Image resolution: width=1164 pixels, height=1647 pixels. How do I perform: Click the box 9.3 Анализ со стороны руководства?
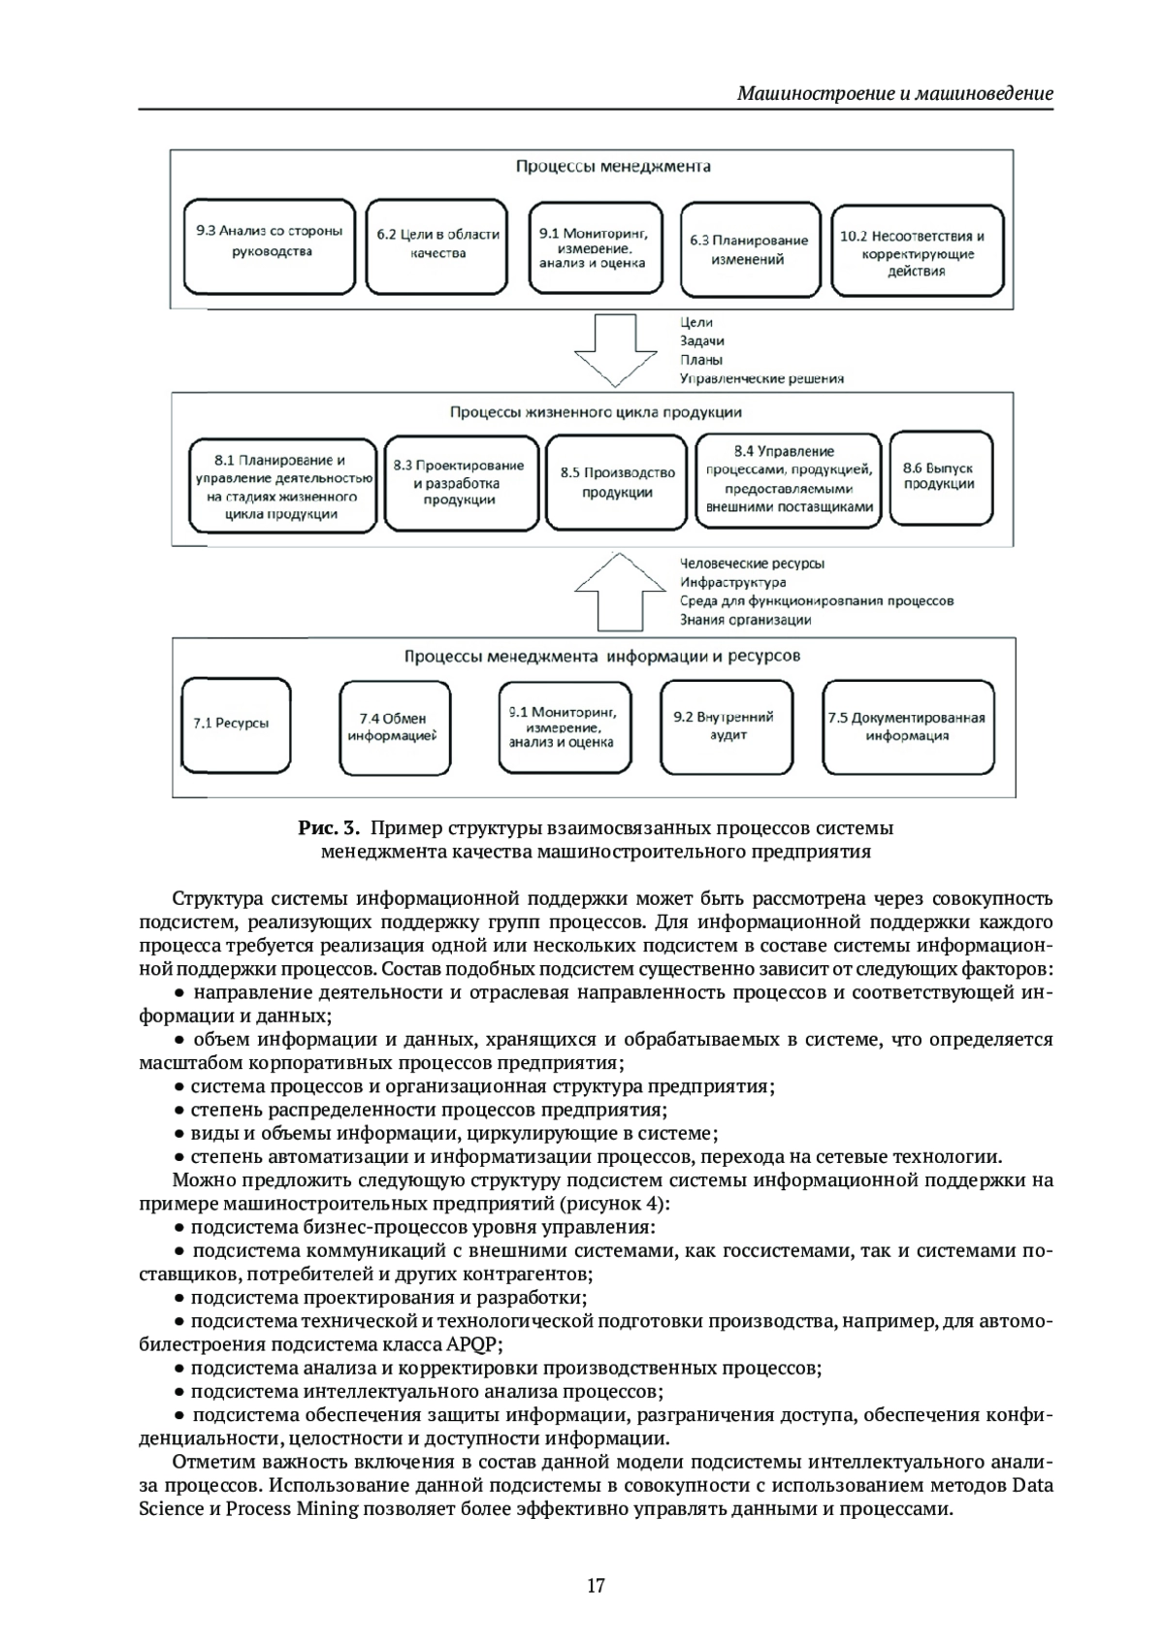pos(268,247)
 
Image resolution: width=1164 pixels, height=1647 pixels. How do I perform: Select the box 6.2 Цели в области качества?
pos(437,247)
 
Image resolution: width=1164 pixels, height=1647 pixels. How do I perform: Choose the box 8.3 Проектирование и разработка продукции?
pos(459,482)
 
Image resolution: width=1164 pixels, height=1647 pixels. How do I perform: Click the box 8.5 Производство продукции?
pos(617,482)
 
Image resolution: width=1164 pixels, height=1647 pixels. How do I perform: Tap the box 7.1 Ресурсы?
pos(236,725)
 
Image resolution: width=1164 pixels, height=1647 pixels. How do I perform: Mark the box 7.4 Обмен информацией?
pos(392,727)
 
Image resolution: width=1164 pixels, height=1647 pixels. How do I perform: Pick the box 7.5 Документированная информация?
pos(907,727)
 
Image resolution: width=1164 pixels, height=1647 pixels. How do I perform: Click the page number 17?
pos(596,1586)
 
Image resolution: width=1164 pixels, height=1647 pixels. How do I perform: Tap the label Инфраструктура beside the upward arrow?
pos(733,582)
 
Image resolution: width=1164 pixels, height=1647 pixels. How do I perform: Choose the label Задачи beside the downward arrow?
pos(702,341)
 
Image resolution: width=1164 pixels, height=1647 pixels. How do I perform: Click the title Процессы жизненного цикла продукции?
pos(596,412)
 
